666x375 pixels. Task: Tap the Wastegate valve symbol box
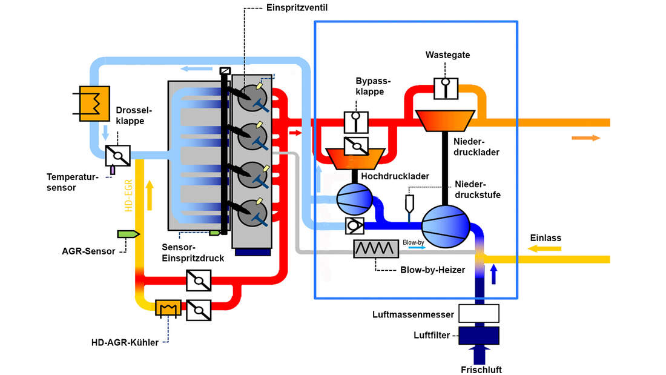tap(447, 88)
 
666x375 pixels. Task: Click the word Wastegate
tap(447, 55)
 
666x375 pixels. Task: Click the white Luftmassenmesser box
tap(478, 313)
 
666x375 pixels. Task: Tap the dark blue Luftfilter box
tap(478, 334)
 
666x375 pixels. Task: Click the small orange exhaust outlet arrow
tap(585, 138)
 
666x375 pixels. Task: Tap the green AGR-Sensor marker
tap(128, 234)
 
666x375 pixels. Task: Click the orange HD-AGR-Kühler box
tap(168, 308)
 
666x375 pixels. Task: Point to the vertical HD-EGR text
tap(129, 195)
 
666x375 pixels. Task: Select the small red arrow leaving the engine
tap(295, 132)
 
